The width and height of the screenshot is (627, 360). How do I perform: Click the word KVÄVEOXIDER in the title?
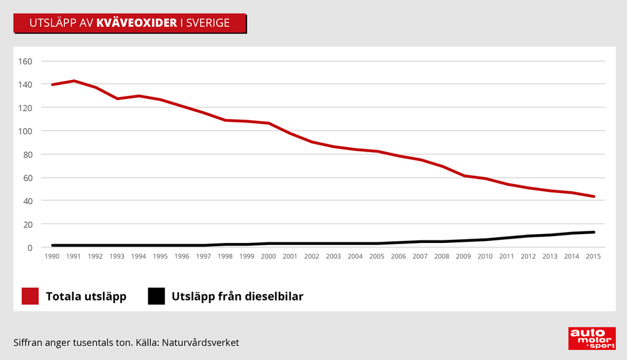click(136, 24)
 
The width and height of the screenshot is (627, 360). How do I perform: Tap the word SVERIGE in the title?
click(207, 24)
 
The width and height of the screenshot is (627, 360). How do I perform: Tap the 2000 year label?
click(268, 256)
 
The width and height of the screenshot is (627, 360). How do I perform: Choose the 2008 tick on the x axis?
click(442, 256)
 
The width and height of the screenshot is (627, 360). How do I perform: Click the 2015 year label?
click(594, 256)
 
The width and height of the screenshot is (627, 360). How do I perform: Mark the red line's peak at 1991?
click(74, 81)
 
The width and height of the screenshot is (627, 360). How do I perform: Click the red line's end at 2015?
click(594, 196)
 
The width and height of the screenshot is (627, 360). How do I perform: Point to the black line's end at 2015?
click(594, 232)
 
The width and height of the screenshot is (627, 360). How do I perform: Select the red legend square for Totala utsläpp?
click(30, 297)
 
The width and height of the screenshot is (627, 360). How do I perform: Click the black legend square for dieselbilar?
click(156, 297)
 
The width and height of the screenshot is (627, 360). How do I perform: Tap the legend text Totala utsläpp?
click(86, 297)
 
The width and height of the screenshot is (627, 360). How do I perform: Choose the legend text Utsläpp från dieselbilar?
click(237, 297)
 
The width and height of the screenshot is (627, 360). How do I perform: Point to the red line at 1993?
click(117, 98)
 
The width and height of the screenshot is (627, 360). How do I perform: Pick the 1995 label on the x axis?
click(160, 256)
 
